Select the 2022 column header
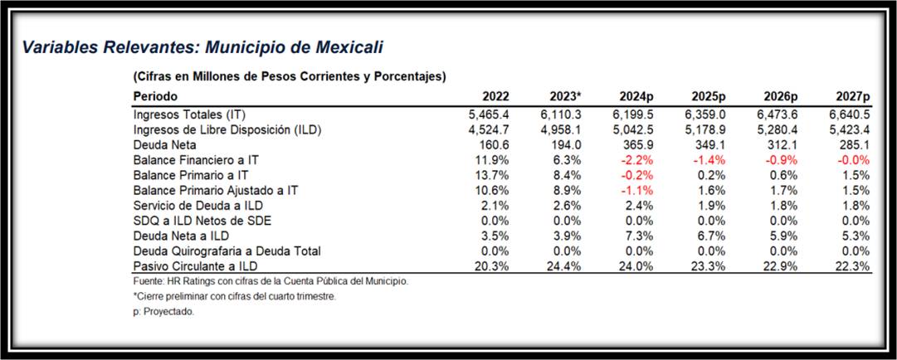(x=495, y=96)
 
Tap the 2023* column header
(x=565, y=96)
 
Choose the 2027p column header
(x=852, y=96)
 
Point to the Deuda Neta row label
(x=164, y=144)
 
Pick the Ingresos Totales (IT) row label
(x=190, y=114)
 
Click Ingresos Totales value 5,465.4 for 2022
(x=490, y=114)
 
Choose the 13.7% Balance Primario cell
(x=494, y=175)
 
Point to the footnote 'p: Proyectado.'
(x=163, y=312)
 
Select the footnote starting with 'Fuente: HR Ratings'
(x=271, y=282)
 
